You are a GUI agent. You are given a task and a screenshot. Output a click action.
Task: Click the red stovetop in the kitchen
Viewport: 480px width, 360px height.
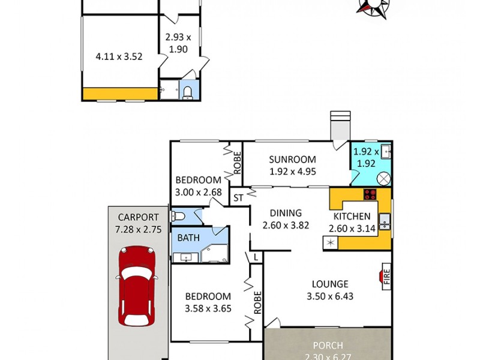coord(370,194)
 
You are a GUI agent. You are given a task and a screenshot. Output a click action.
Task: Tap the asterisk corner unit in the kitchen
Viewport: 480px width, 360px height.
coord(330,243)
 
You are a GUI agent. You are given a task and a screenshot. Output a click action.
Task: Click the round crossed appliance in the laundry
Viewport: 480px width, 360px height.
coord(384,179)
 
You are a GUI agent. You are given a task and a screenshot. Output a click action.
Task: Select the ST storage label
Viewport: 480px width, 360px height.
coord(238,197)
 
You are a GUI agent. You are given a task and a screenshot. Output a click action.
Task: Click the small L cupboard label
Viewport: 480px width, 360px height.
coord(256,257)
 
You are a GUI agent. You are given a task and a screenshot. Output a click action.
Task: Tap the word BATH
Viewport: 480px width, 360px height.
coord(188,238)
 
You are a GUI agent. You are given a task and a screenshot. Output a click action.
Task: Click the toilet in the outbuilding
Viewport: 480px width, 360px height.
coord(188,91)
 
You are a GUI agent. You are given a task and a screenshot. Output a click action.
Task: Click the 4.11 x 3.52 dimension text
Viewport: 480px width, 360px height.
coord(119,57)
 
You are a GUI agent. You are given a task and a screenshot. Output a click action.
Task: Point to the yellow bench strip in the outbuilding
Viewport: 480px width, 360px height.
coord(119,94)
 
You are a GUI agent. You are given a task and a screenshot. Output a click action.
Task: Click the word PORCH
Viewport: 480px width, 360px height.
coord(328,346)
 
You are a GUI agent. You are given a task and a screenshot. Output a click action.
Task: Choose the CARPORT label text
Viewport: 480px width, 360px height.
coord(138,217)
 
